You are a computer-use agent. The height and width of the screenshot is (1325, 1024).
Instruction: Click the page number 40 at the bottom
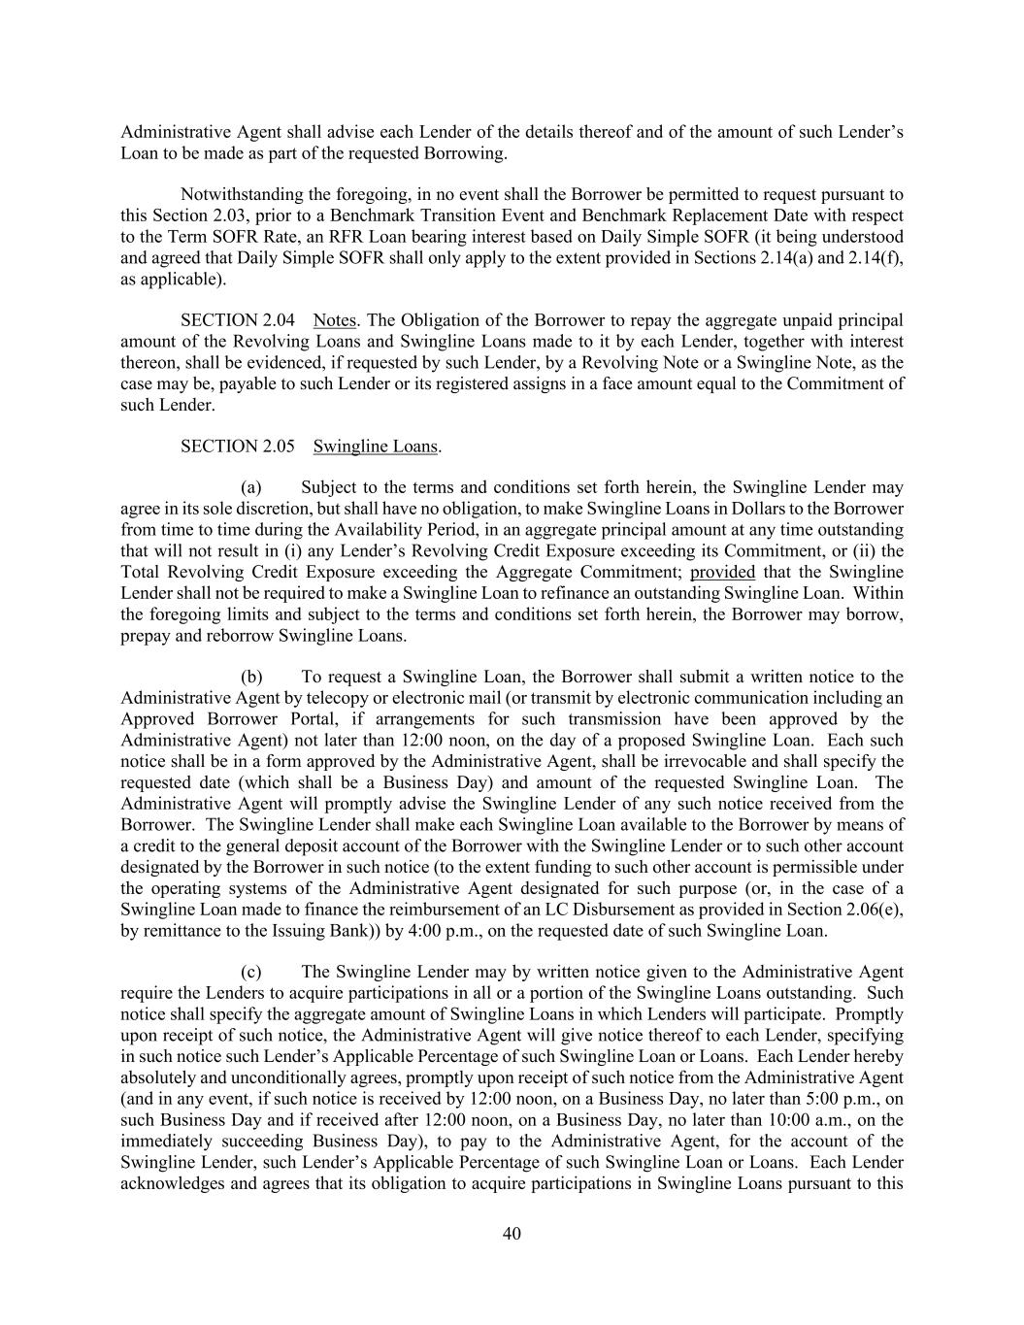[512, 1234]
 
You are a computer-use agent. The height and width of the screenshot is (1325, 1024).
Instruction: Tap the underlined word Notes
[335, 320]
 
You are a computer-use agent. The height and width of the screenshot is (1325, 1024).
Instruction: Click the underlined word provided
[722, 572]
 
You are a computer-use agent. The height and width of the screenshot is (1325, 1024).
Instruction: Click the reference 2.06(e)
[870, 909]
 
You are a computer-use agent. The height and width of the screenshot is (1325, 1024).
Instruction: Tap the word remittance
[177, 930]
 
